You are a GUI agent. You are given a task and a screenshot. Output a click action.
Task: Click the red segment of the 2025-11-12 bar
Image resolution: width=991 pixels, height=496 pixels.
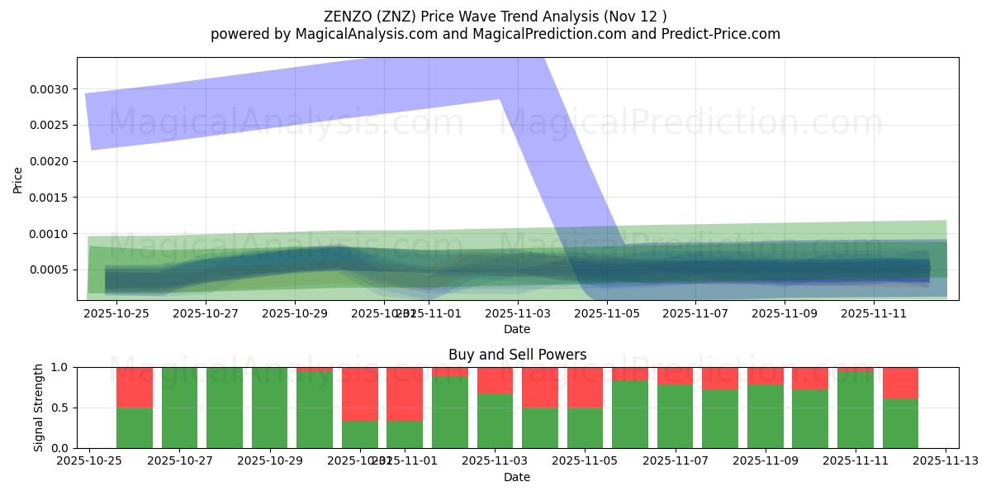pyautogui.click(x=900, y=383)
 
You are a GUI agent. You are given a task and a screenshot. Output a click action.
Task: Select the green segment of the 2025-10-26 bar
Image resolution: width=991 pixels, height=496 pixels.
pyautogui.click(x=135, y=427)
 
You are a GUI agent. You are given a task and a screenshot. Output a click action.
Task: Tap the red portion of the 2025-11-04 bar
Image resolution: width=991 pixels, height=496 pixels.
pyautogui.click(x=540, y=387)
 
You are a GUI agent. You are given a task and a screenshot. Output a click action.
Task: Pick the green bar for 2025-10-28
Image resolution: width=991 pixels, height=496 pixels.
pyautogui.click(x=225, y=408)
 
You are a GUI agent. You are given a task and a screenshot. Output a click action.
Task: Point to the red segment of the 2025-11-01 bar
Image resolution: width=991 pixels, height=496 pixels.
pyautogui.click(x=405, y=393)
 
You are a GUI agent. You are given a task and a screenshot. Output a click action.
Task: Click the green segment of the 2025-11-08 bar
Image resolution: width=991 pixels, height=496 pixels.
pyautogui.click(x=720, y=418)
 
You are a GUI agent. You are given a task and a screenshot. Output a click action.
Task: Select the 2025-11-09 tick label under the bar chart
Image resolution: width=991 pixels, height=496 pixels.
pyautogui.click(x=764, y=461)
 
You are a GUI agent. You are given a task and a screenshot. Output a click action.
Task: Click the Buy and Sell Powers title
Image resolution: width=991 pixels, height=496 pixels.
pyautogui.click(x=517, y=355)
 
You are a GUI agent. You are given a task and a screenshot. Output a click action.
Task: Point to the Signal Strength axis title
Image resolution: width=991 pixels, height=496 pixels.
pyautogui.click(x=39, y=408)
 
